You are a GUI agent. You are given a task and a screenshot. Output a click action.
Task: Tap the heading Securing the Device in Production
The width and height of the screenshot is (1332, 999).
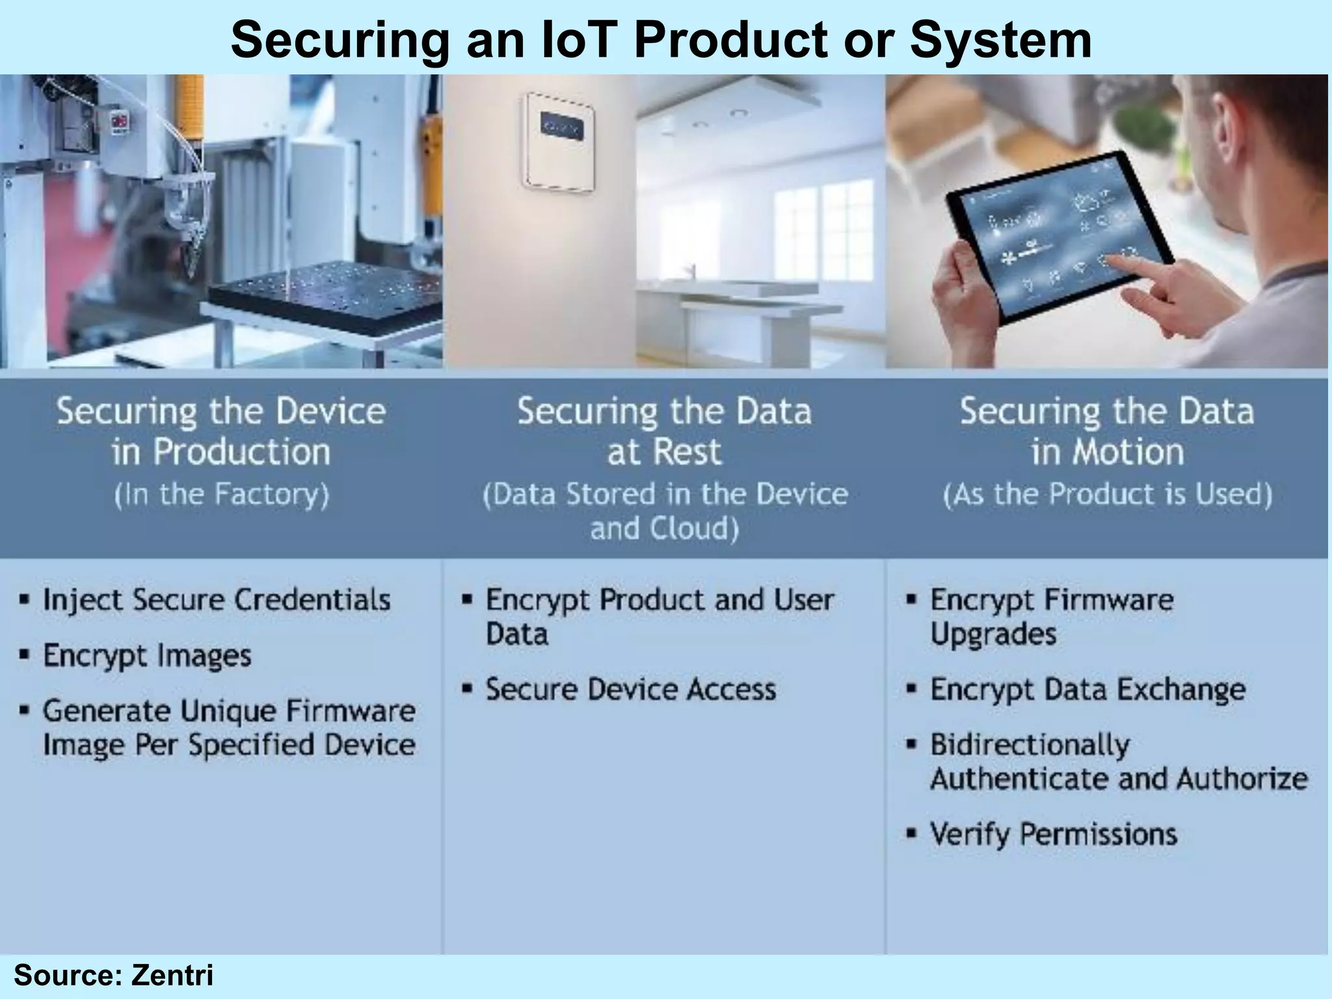(221, 431)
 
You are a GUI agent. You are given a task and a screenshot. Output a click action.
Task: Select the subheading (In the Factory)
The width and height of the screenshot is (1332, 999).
(221, 494)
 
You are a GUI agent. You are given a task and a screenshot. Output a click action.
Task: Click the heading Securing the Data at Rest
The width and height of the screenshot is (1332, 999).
(664, 431)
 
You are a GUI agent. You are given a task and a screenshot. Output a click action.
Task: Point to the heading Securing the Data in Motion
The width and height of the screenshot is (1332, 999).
(1107, 431)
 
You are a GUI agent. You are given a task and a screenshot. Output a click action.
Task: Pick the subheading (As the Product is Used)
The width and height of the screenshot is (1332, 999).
(1107, 494)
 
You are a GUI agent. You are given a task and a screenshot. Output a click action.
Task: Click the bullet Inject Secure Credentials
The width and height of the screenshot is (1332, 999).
(217, 600)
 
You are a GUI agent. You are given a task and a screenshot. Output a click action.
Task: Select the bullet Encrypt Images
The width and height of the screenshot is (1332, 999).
(147, 656)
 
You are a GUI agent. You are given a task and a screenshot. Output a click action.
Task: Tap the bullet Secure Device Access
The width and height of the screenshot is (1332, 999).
(631, 689)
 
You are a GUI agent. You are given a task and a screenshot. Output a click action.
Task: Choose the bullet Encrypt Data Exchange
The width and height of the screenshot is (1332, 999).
(1087, 689)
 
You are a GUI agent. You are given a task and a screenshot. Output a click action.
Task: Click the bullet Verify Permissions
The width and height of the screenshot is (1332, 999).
(1054, 834)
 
